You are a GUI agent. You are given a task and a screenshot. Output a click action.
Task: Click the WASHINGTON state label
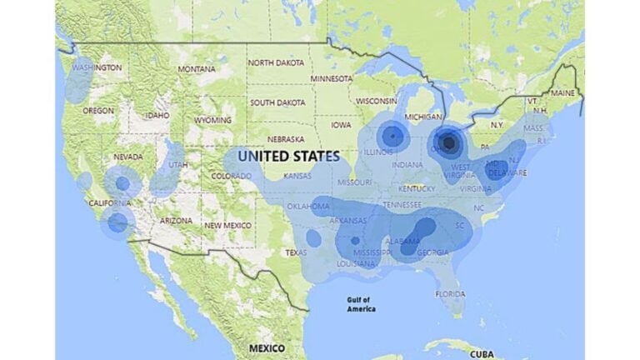[x=97, y=67]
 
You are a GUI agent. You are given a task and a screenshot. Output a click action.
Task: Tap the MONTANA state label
[x=196, y=69]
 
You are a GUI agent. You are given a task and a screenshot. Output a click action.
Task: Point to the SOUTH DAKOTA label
[x=277, y=102]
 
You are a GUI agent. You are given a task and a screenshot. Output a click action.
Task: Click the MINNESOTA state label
[x=332, y=79]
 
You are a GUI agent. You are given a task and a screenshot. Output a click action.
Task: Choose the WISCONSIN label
[x=377, y=101]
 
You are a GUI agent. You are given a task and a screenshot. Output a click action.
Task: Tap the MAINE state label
[x=562, y=92]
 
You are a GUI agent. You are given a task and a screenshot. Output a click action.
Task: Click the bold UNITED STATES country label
[x=288, y=156]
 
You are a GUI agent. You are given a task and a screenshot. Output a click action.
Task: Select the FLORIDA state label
[x=450, y=294]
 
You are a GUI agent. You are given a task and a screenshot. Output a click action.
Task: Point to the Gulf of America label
[x=361, y=304]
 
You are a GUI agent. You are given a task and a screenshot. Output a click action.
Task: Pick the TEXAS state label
[x=296, y=252]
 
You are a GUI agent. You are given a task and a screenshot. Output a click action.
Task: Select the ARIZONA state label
[x=176, y=220]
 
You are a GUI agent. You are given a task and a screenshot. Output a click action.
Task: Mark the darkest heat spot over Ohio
[x=450, y=143]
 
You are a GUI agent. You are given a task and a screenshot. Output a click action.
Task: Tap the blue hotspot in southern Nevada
[x=122, y=183]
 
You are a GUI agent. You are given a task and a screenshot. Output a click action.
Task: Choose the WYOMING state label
[x=213, y=120]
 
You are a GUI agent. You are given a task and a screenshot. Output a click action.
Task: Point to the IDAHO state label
[x=157, y=115]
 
